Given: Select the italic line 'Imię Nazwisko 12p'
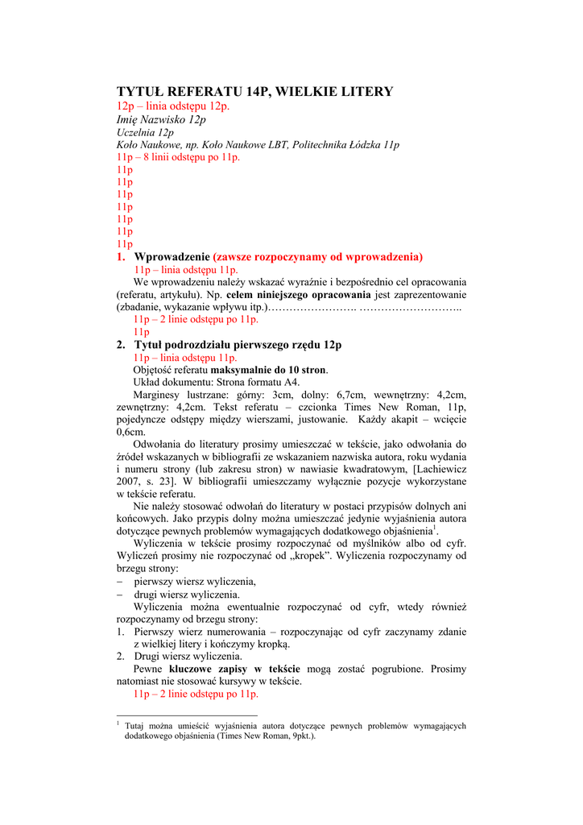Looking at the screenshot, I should (x=161, y=119).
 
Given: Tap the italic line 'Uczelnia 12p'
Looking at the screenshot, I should (x=145, y=132).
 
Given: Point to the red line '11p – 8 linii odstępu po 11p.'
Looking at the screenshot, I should (x=178, y=157).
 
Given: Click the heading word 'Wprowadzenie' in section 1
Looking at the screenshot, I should (x=172, y=257).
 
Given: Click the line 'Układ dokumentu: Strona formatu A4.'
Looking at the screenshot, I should (x=216, y=382).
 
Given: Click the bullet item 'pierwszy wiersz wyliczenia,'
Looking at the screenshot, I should (x=195, y=581).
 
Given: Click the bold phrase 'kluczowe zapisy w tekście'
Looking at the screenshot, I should (x=234, y=669).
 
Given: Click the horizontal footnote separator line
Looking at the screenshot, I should (x=187, y=715).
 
